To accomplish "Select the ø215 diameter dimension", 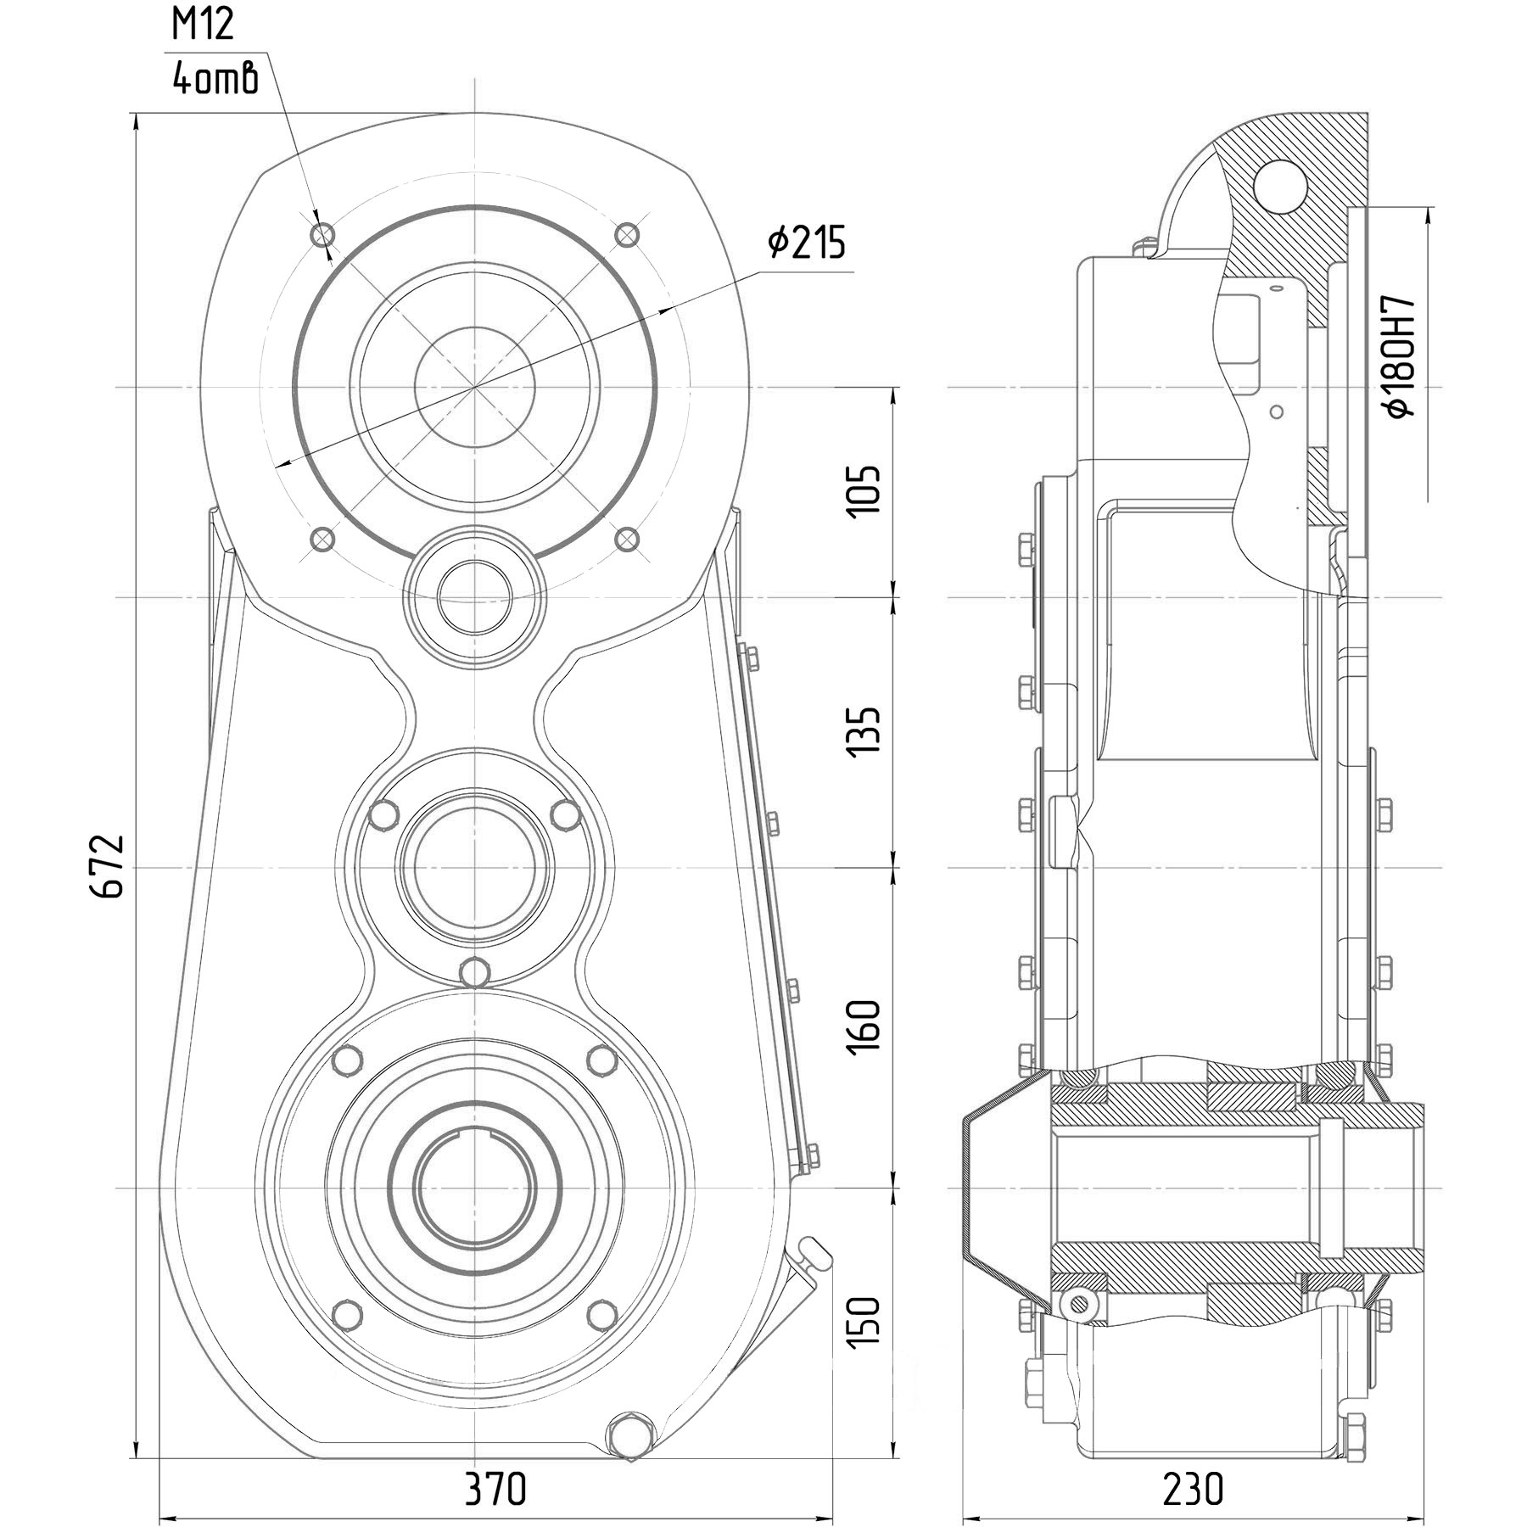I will point(807,243).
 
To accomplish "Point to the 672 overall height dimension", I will point(109,865).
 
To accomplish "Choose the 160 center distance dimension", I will point(865,1026).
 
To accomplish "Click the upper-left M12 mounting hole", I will point(323,233).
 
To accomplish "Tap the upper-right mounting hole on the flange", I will point(626,233).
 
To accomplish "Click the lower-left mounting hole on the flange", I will point(322,538).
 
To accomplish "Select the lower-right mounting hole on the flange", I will point(626,538).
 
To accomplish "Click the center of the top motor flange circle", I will point(474,387).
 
